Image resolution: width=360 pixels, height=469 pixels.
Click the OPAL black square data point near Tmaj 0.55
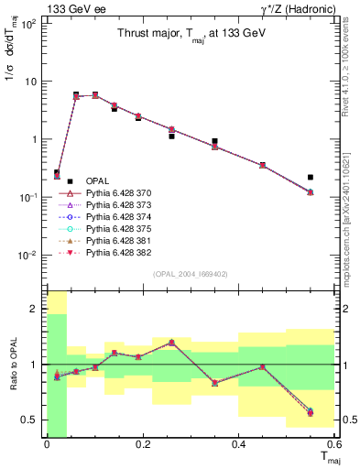[x=311, y=177]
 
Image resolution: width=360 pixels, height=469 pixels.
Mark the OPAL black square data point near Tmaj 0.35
[x=214, y=142]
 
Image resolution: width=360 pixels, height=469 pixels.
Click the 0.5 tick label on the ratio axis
[x=31, y=420]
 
